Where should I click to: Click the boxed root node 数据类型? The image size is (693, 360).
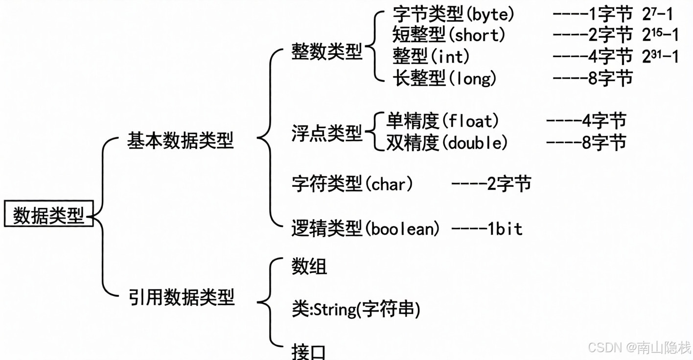click(48, 214)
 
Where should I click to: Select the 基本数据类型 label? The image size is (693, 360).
click(181, 141)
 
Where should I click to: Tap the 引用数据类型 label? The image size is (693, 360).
click(182, 297)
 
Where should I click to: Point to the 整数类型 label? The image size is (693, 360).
click(327, 51)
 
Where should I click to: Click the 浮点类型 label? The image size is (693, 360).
click(327, 133)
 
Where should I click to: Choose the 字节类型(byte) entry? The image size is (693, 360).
click(454, 15)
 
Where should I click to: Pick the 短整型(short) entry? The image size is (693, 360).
click(449, 35)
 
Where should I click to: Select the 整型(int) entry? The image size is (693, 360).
click(431, 57)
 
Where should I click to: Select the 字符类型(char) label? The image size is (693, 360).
click(352, 184)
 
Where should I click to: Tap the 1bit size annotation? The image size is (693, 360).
click(505, 228)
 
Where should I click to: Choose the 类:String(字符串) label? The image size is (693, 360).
click(356, 310)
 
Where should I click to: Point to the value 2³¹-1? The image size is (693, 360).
click(660, 57)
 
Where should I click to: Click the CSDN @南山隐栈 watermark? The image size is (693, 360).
click(639, 347)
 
